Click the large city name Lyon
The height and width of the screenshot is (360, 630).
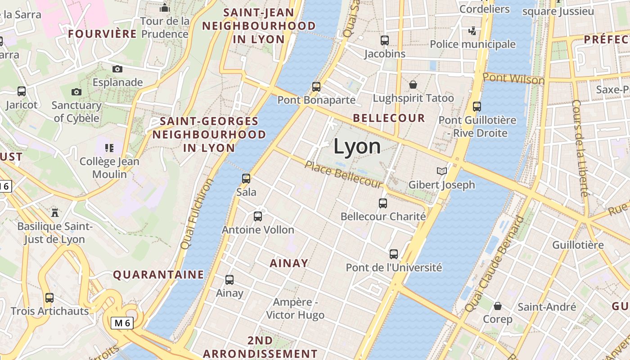357,147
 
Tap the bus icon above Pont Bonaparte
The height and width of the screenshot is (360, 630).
316,86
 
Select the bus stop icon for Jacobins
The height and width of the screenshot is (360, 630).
385,40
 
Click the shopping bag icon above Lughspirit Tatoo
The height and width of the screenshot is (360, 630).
413,84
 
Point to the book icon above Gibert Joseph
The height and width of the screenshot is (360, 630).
442,171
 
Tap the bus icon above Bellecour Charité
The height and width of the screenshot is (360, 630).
383,203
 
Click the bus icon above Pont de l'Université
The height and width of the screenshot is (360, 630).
394,254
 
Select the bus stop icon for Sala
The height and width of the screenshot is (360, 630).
246,178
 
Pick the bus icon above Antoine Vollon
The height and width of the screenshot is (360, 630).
258,216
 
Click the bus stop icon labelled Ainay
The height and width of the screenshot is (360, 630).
229,280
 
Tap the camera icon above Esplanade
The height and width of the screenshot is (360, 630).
117,69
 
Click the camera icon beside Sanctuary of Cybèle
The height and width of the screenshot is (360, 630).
76,92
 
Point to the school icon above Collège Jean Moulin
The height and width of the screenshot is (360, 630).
109,148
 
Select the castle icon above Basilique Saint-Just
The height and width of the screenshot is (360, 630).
55,212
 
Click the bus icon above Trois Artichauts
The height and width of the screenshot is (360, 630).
49,297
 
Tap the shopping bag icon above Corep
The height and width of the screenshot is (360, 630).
498,306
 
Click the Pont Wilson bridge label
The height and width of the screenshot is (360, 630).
513,79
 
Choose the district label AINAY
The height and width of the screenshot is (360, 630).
289,263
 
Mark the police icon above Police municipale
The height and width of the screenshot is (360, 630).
472,31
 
